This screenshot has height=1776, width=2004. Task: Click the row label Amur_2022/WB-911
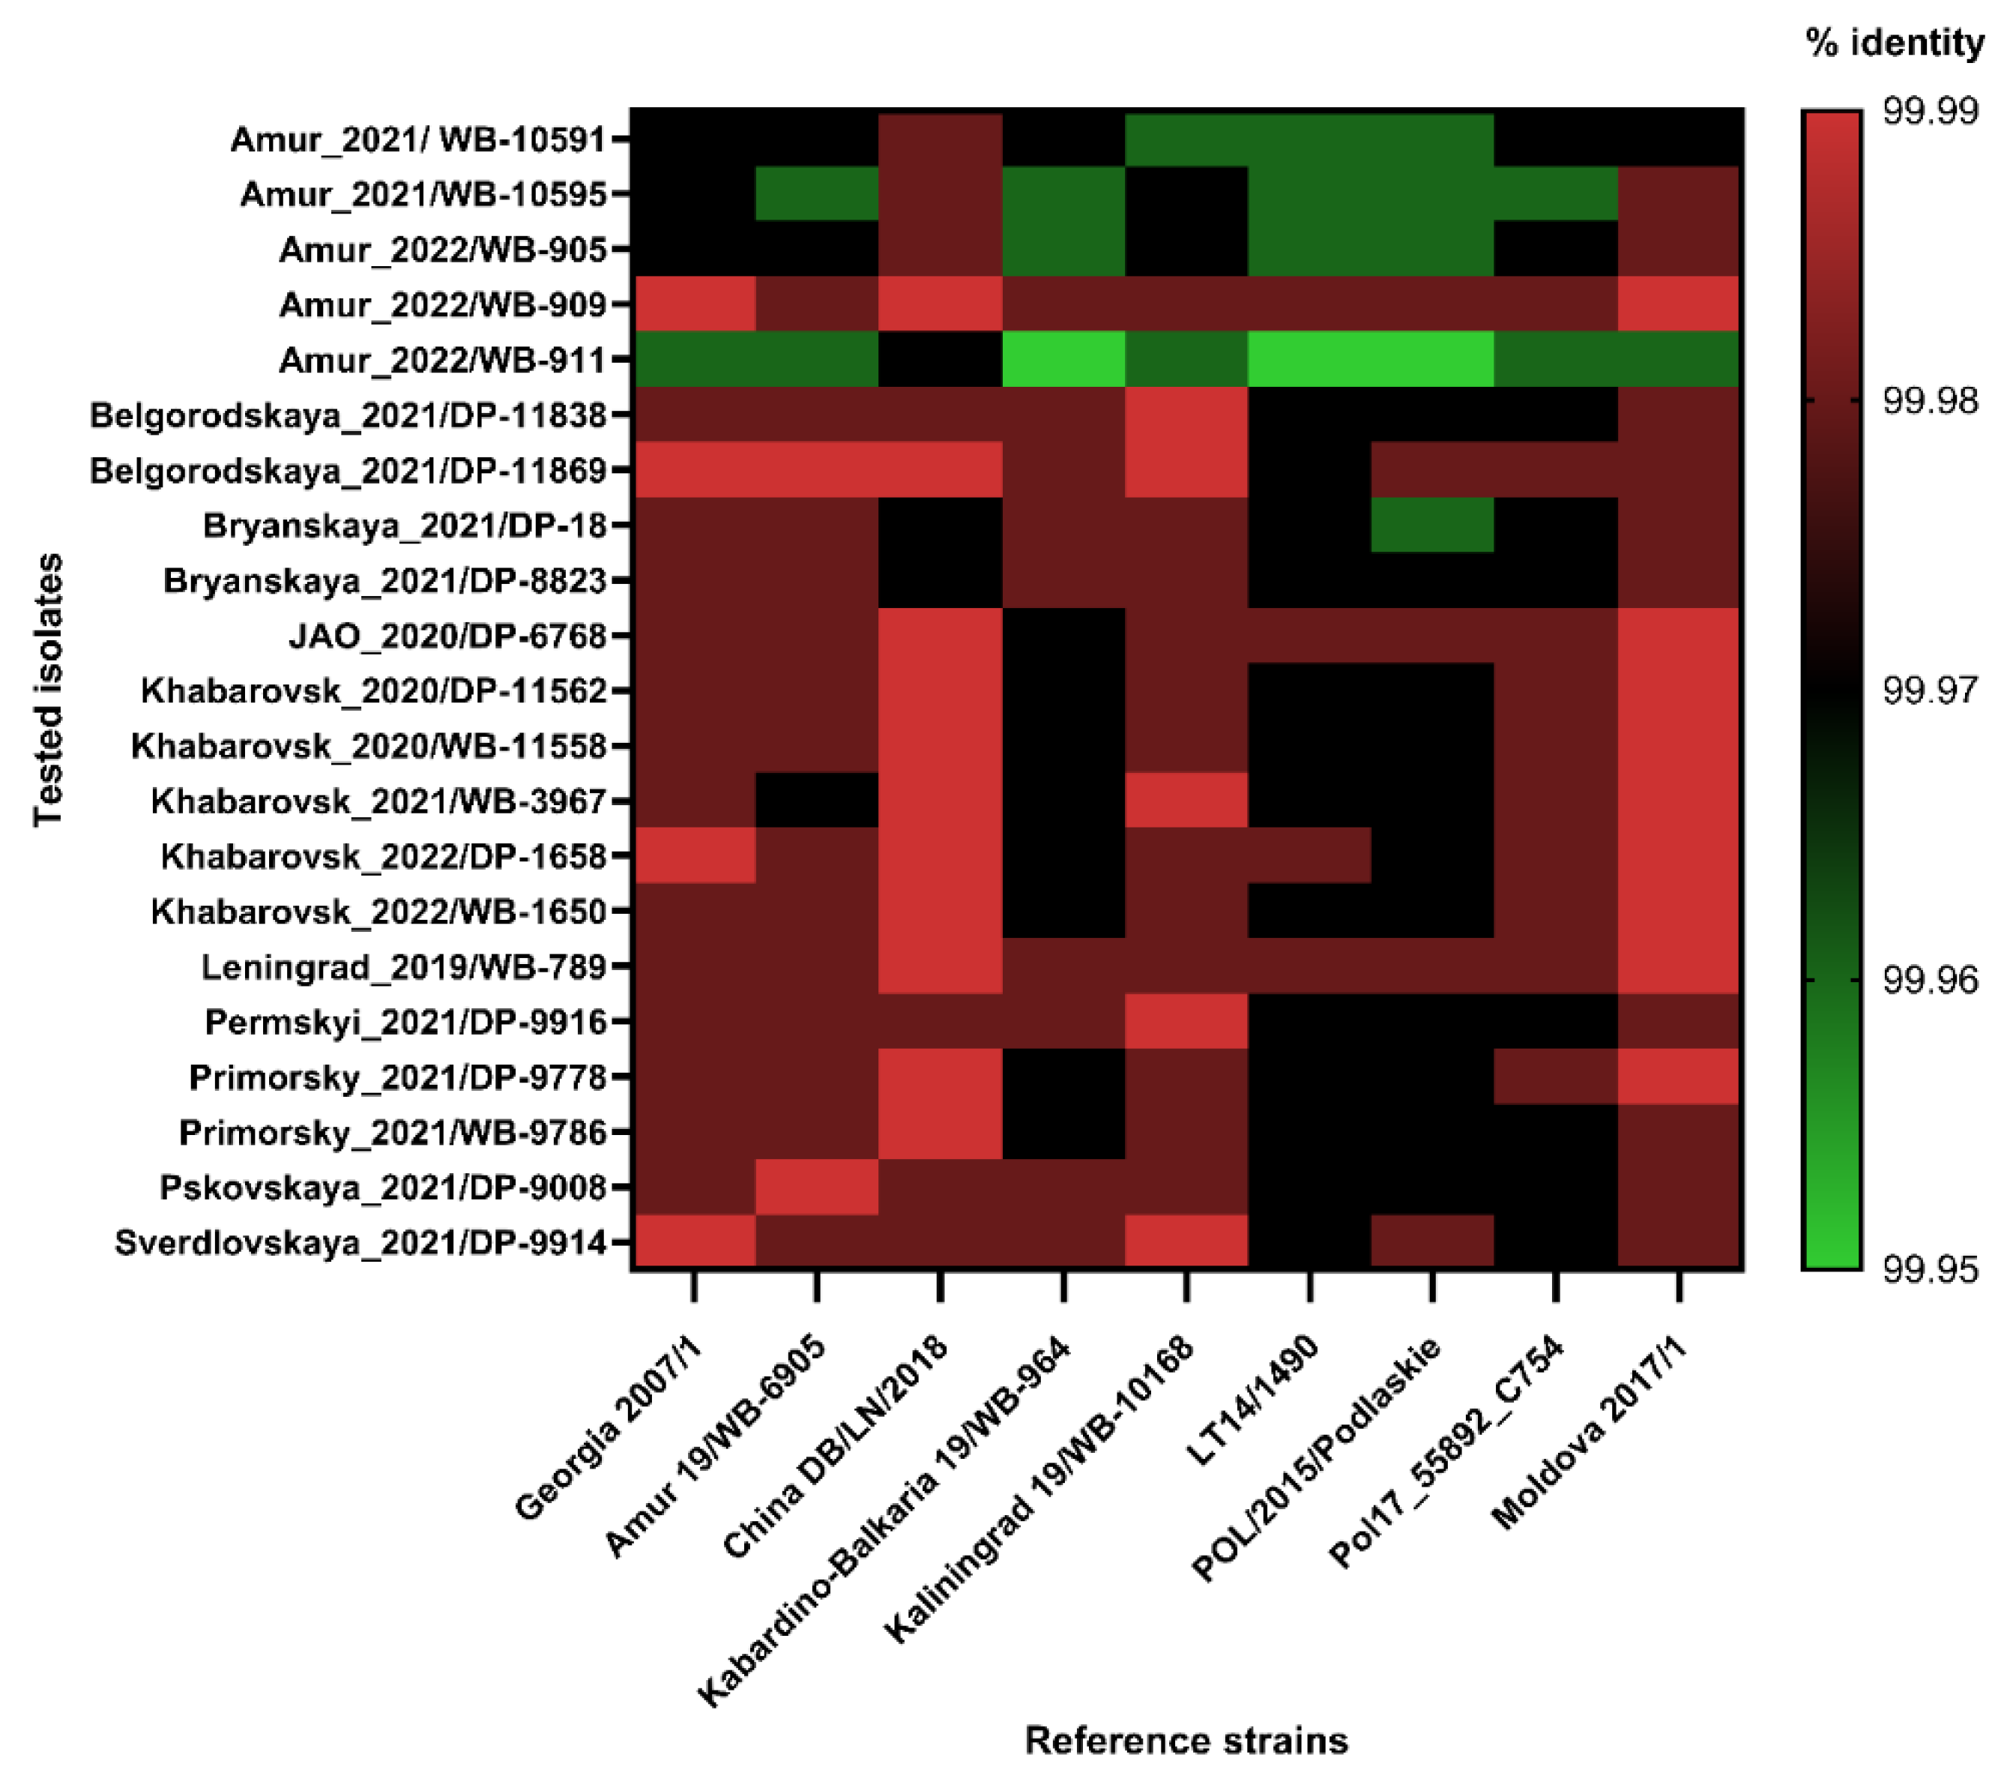[x=442, y=360]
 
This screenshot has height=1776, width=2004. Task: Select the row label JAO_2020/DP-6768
[x=448, y=636]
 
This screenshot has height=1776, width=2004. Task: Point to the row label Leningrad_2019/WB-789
[x=404, y=968]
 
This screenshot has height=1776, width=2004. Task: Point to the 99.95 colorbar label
[x=1930, y=1270]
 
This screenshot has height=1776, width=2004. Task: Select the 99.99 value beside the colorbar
[x=1930, y=112]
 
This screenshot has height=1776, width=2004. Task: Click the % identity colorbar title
[x=1894, y=43]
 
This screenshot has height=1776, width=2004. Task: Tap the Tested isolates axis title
[x=48, y=690]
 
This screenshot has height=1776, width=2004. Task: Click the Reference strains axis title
[x=1186, y=1740]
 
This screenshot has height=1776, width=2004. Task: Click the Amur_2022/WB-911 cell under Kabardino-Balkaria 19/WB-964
[x=1063, y=359]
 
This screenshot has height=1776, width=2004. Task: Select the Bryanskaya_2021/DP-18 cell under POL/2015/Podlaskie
[x=1432, y=525]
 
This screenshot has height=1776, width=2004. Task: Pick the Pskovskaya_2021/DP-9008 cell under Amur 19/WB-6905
[x=817, y=1187]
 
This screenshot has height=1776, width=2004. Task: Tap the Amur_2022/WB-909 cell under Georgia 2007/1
[x=694, y=304]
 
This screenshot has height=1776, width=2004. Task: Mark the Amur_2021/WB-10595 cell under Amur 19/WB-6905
[x=817, y=194]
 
